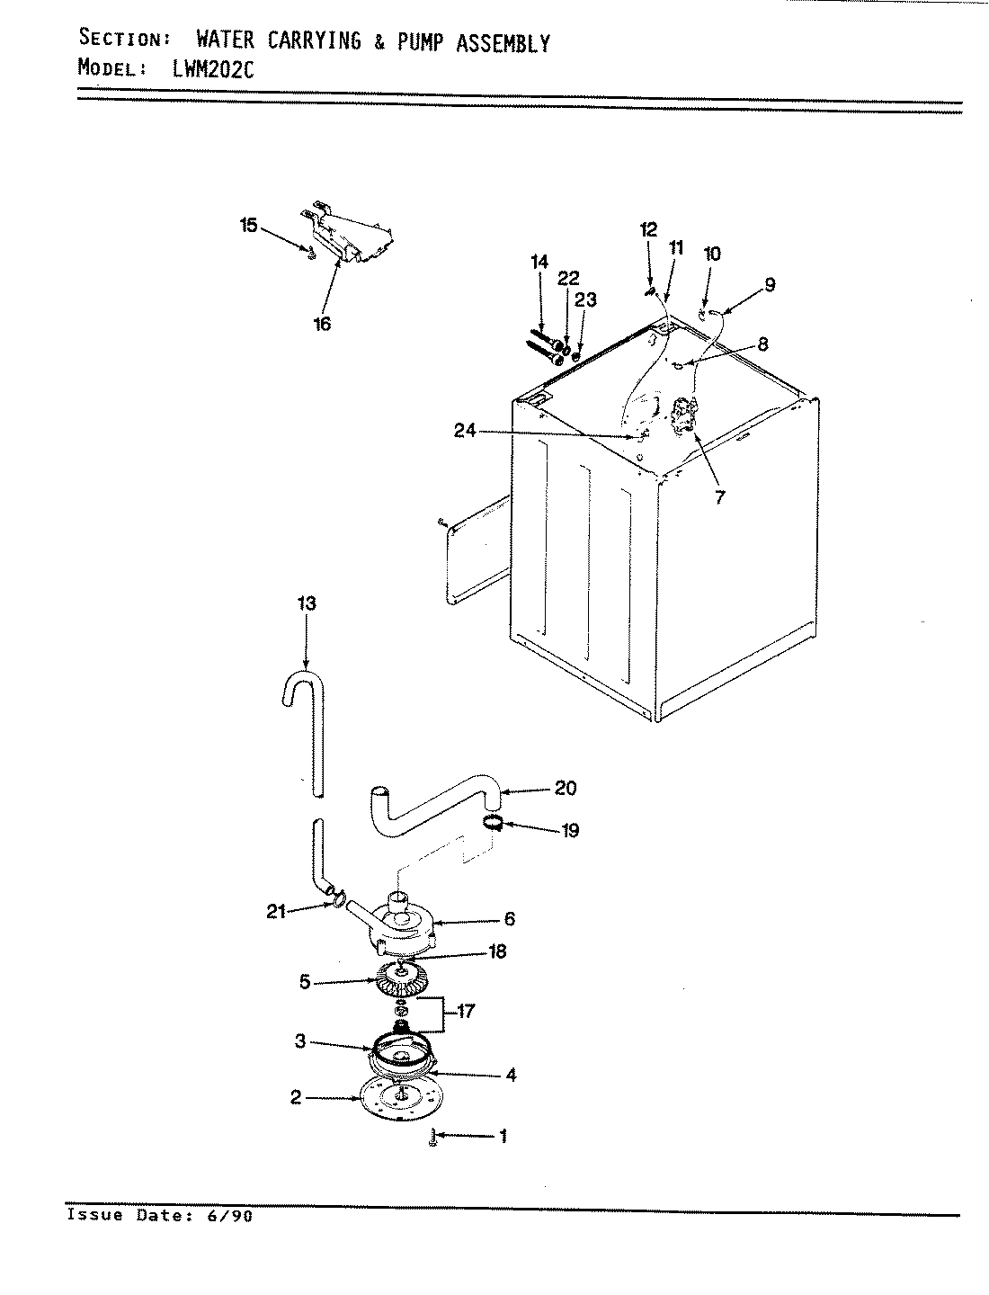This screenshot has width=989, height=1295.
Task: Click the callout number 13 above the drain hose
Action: (x=307, y=603)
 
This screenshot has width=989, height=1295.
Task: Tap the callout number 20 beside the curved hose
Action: (x=566, y=789)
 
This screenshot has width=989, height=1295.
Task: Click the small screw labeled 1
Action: (x=434, y=1138)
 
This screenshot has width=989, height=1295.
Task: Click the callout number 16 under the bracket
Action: (x=322, y=324)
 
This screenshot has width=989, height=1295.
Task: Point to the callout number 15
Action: (x=248, y=225)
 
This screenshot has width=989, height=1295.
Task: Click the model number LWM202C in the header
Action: (x=213, y=69)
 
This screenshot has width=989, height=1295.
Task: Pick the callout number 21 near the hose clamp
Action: (x=276, y=911)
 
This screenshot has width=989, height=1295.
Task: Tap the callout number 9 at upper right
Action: (x=770, y=285)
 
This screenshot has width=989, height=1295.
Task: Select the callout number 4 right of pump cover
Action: (x=511, y=1075)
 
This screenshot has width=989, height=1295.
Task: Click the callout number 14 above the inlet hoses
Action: (x=539, y=262)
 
